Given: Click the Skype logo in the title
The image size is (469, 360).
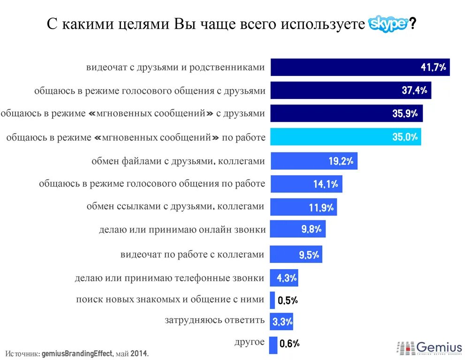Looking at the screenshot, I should [x=388, y=23].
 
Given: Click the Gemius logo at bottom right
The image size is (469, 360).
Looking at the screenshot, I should [x=430, y=348].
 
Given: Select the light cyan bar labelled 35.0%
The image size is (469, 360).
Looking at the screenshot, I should [x=345, y=137].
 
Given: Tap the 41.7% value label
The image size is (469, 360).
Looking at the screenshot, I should [x=433, y=67].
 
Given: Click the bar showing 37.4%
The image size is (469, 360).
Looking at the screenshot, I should [x=351, y=90].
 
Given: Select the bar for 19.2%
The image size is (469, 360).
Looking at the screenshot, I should [x=314, y=161].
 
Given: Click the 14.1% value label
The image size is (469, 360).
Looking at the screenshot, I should [x=325, y=184].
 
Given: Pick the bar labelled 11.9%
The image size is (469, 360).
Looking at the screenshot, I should [x=303, y=207].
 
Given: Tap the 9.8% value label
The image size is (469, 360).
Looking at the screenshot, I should [x=311, y=229].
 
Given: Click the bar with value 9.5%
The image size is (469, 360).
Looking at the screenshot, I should [x=295, y=254].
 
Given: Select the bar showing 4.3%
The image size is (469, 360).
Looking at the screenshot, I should [x=283, y=278].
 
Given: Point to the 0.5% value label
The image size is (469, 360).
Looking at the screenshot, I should [x=287, y=301].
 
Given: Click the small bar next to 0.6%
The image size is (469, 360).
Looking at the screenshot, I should [x=273, y=345].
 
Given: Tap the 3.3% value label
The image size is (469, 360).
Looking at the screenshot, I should [x=283, y=322].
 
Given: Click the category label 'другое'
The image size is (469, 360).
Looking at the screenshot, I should [x=250, y=342].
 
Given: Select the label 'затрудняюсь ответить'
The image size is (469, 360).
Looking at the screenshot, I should [x=215, y=321].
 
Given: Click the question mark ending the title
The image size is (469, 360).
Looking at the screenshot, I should [x=412, y=24].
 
